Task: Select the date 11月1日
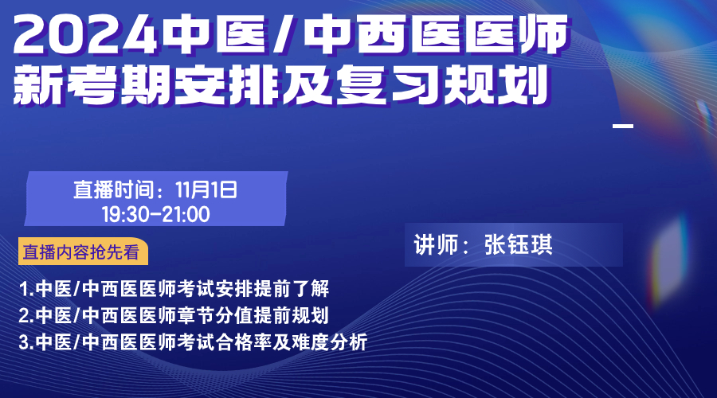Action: tap(206, 190)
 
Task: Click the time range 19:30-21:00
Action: tap(156, 214)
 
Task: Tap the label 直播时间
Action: tap(113, 190)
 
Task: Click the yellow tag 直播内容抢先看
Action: tap(83, 252)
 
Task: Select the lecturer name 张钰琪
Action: tap(519, 245)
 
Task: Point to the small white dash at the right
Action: tap(623, 126)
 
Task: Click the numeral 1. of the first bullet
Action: tap(26, 289)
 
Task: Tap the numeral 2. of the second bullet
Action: tap(26, 316)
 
